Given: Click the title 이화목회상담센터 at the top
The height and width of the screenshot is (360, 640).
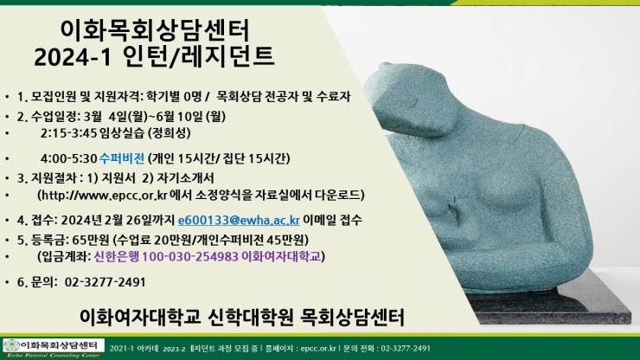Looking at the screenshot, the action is [155, 31].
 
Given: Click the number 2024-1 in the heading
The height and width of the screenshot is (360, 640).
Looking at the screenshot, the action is [73, 56].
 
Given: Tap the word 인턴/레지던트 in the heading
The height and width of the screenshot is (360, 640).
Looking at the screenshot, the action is [198, 56].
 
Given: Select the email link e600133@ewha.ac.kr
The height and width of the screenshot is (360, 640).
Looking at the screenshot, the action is [239, 220].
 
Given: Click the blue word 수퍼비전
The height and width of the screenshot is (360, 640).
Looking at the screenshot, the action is [122, 158].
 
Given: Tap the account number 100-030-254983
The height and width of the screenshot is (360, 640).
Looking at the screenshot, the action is [190, 256].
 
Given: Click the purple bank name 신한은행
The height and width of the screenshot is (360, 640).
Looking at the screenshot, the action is [117, 256].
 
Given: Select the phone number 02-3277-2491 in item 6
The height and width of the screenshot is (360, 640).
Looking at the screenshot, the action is [106, 282].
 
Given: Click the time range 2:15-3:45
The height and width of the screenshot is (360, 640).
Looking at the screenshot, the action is [68, 132].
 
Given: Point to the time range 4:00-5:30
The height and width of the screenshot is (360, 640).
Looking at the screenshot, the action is [68, 158].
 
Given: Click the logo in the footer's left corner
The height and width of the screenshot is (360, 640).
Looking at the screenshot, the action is [54, 348].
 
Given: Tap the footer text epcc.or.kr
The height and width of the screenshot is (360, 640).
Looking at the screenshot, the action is [318, 349].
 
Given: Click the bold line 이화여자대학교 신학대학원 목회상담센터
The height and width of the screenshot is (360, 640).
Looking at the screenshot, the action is [241, 317].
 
